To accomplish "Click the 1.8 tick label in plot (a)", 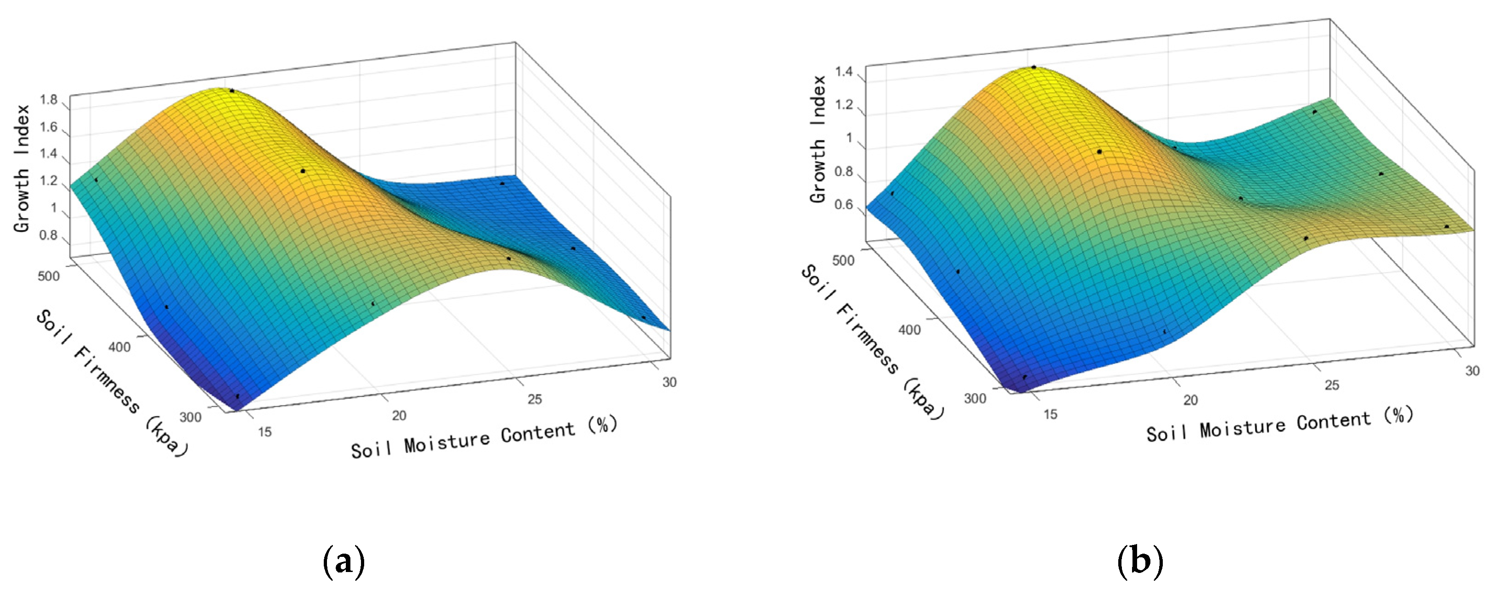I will pos(49,100).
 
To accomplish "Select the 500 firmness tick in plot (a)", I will pos(49,275).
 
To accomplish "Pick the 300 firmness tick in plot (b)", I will pos(975,398).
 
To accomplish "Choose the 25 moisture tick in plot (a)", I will pos(535,399).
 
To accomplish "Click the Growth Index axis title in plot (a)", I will pos(22,168).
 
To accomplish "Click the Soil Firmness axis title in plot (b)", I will pos(872,342).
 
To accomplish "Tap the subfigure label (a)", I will pos(344,561).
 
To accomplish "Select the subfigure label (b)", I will pos(1139,561).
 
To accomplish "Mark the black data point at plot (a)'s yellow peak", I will pos(232,91).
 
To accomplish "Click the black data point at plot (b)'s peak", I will pos(1033,67).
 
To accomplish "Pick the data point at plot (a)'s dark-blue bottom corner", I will pos(237,396).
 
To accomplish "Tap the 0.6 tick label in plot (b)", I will pos(843,205).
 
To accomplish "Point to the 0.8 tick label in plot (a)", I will pos(49,236).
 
